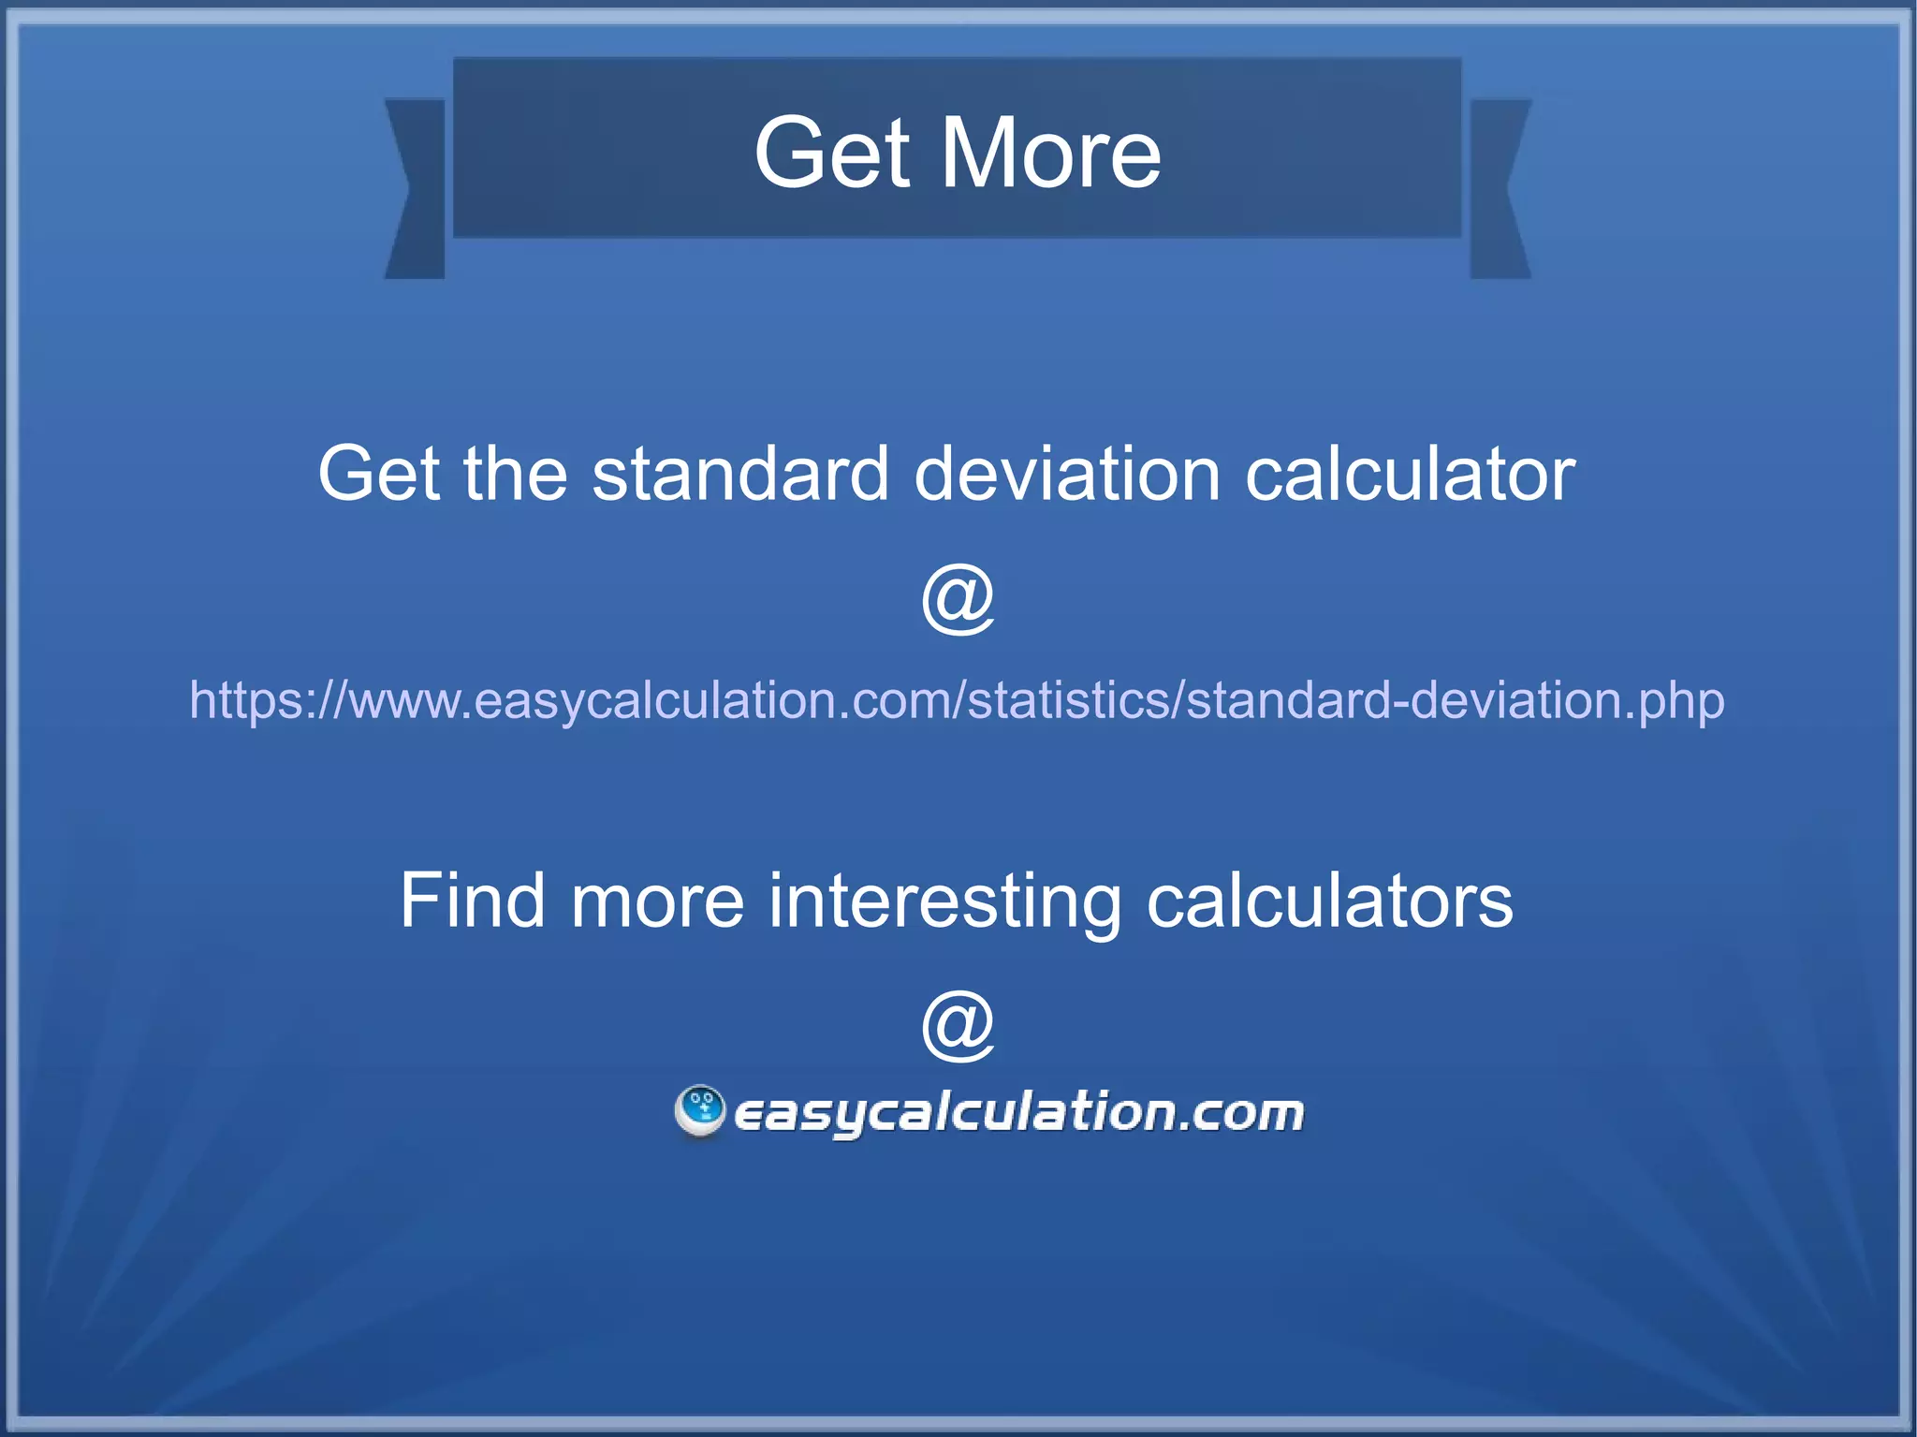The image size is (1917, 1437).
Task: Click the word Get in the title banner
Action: coord(831,153)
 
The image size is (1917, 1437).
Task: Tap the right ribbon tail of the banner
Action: coord(1500,187)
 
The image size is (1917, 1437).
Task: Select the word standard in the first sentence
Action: coord(739,474)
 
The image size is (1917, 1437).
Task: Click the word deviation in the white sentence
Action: coord(1067,474)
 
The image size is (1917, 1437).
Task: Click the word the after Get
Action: coord(515,474)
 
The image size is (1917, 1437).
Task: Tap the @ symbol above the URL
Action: coord(958,599)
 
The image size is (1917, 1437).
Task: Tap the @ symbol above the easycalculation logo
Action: coord(958,1025)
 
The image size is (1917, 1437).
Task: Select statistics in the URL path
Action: coord(1068,700)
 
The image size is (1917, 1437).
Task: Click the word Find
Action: coord(472,901)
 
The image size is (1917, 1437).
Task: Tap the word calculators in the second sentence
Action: coord(1329,901)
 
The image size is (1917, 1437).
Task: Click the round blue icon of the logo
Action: coord(700,1110)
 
